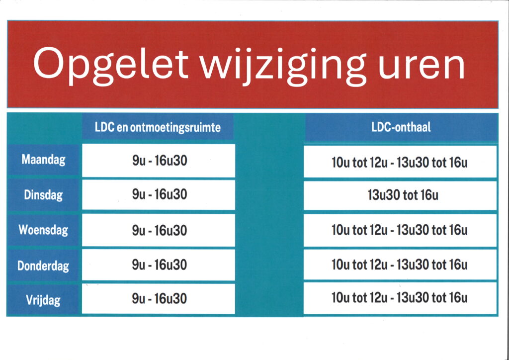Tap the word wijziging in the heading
coord(283,66)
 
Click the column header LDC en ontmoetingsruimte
coord(158,127)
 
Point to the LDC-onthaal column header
coord(401,127)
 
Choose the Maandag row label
coord(44,160)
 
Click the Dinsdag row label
coord(44,195)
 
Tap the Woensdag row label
coord(44,230)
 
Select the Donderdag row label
coord(44,266)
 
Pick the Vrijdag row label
coord(44,300)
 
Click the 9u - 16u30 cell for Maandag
coord(159,161)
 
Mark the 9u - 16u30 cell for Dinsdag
coord(159,195)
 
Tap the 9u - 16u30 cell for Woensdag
coord(159,230)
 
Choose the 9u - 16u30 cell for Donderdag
coord(159,265)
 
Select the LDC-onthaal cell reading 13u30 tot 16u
coord(400,195)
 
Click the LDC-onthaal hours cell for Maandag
coord(400,162)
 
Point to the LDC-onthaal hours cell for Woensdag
coord(400,230)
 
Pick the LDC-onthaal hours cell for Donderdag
coord(400,265)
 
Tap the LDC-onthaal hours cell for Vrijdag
coord(400,298)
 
